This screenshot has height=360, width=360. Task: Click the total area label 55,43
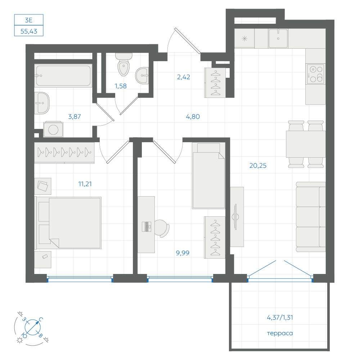[x=29, y=31]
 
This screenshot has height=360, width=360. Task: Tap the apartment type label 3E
[x=29, y=20]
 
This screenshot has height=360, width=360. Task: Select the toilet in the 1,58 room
[x=124, y=64]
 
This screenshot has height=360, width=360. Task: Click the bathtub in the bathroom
[x=63, y=76]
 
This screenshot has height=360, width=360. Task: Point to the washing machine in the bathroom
[x=53, y=129]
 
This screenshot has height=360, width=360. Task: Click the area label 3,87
[x=75, y=117]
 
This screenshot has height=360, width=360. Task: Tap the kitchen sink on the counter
[x=278, y=39]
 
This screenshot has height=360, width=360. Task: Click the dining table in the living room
[x=306, y=144]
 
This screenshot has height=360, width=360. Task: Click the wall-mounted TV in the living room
[x=235, y=216]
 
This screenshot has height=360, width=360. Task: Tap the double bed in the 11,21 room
[x=68, y=223]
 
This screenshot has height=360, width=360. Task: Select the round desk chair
[x=162, y=228]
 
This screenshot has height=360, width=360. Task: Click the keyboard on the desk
[x=147, y=226]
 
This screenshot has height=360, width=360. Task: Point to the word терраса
[x=280, y=333]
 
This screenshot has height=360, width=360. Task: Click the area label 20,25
[x=258, y=166]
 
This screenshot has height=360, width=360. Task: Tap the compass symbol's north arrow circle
[x=32, y=327]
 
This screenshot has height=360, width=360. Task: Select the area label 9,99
[x=183, y=253]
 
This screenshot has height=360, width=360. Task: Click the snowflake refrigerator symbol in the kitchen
[x=244, y=39]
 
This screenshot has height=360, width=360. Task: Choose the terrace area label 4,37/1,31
[x=280, y=318]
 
